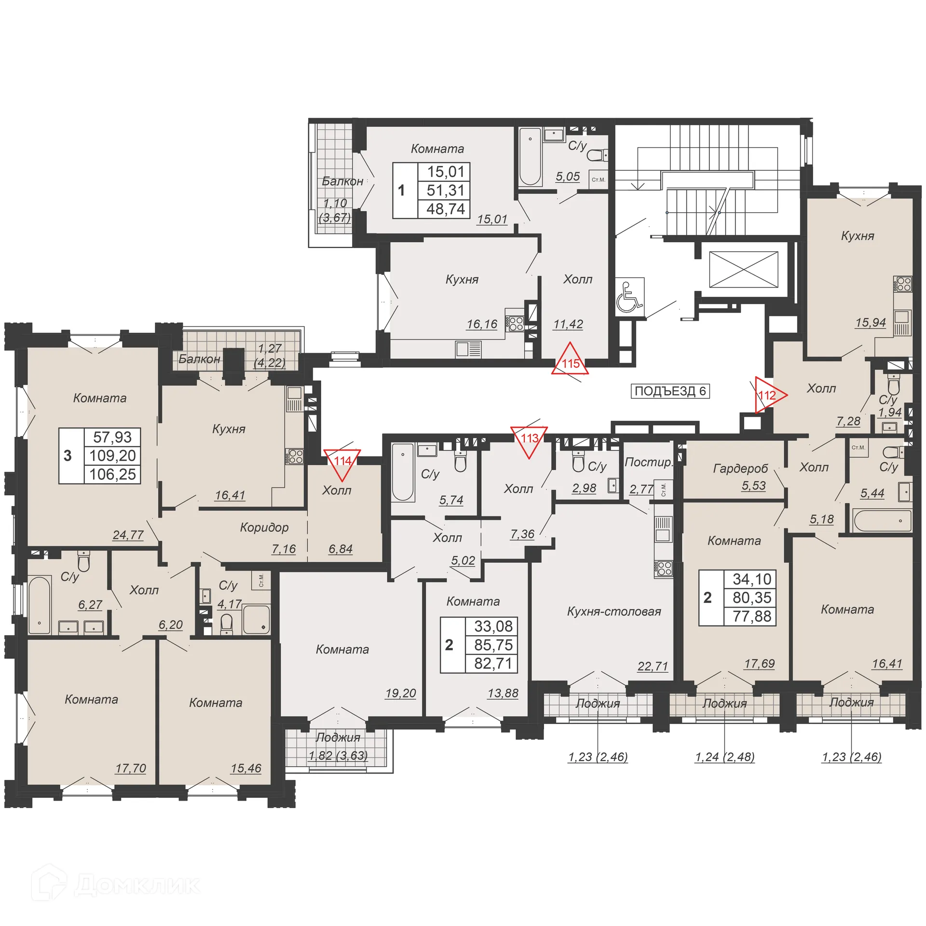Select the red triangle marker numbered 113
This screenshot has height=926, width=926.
pos(529,439)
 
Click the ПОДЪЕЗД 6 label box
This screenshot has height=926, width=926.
pos(670,391)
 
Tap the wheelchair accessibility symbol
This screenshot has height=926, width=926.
pos(629,298)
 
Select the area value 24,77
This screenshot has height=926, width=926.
pos(128,535)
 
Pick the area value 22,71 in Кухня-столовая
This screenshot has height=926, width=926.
pos(653,666)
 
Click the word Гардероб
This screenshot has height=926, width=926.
pos(740,468)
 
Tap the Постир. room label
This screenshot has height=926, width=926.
pos(647,462)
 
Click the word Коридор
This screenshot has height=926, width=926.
pos(264,527)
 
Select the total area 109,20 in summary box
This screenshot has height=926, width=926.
pos(112,455)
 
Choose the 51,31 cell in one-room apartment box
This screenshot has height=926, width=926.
pos(445,190)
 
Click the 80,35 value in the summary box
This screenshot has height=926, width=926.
pos(751,598)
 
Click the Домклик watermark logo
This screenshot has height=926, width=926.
pos(116,885)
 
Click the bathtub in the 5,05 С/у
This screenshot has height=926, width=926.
pos(530,156)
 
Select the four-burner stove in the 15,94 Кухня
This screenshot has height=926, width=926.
pos(902,284)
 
